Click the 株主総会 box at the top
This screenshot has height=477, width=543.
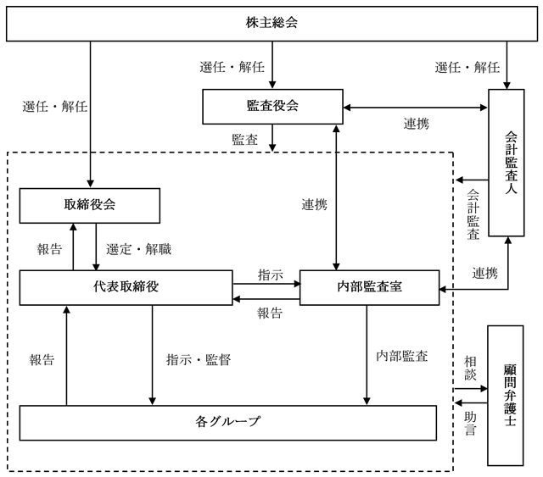tap(271, 24)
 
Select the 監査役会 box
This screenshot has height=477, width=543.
tap(272, 107)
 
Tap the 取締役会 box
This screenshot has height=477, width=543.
tap(90, 206)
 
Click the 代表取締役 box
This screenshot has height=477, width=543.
tap(126, 287)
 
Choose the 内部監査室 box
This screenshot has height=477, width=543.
tap(370, 287)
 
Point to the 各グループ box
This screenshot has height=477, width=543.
tap(228, 423)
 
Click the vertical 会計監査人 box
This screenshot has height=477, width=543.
tap(507, 163)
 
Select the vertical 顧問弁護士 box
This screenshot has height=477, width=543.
tap(506, 396)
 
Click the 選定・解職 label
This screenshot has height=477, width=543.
tap(138, 249)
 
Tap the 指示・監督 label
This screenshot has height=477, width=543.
tap(199, 360)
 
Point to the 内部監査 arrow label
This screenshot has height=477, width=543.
tap(401, 356)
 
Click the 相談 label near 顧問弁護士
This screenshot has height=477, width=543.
tap(470, 369)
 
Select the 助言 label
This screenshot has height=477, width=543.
tap(470, 424)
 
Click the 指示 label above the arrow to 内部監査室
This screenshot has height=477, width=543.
tap(271, 275)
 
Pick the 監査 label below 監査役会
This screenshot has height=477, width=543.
tap(245, 140)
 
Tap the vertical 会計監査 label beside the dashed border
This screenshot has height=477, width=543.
tap(473, 214)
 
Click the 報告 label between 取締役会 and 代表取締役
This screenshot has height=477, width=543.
tap(49, 249)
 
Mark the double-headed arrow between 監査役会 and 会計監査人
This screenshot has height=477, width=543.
tap(416, 108)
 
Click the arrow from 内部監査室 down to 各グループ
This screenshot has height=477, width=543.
tap(367, 355)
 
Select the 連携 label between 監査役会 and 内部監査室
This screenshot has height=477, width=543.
tap(314, 205)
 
